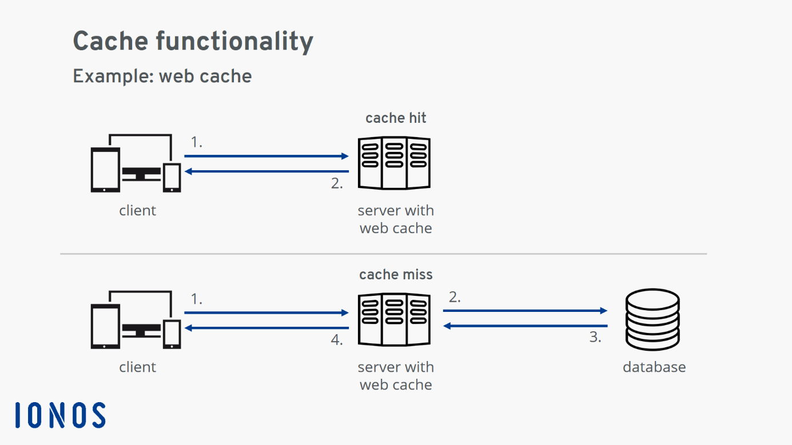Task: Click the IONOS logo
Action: tap(60, 415)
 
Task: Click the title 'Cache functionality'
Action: tap(193, 41)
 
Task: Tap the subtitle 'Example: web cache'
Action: tap(162, 76)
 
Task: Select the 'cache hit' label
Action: tap(396, 118)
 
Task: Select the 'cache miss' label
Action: tap(396, 275)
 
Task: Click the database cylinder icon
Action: tap(652, 319)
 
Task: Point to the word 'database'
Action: tap(654, 367)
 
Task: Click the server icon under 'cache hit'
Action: tap(394, 163)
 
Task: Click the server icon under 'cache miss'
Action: tap(394, 320)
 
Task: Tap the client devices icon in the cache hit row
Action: tap(136, 163)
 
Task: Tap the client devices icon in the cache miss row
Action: tap(136, 320)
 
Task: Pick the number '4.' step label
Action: tap(337, 340)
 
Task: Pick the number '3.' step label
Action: tap(595, 338)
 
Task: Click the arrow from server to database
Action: tap(525, 311)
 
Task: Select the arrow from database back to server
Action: tap(525, 326)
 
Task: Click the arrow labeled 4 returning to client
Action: tap(266, 328)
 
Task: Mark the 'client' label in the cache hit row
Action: tap(137, 210)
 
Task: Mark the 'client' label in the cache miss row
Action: tap(137, 367)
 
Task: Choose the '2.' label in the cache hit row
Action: tap(337, 184)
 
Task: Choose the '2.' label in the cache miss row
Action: tap(455, 297)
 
